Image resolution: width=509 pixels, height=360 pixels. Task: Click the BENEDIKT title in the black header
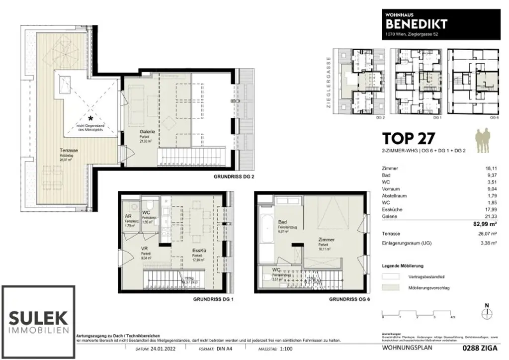(x=417, y=23)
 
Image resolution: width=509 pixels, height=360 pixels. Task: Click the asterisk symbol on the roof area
(x=90, y=118)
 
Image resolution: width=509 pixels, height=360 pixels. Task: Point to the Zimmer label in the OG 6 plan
(x=326, y=240)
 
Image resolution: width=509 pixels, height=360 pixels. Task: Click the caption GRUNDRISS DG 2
(x=234, y=176)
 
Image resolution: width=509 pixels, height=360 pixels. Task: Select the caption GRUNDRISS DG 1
(x=213, y=300)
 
